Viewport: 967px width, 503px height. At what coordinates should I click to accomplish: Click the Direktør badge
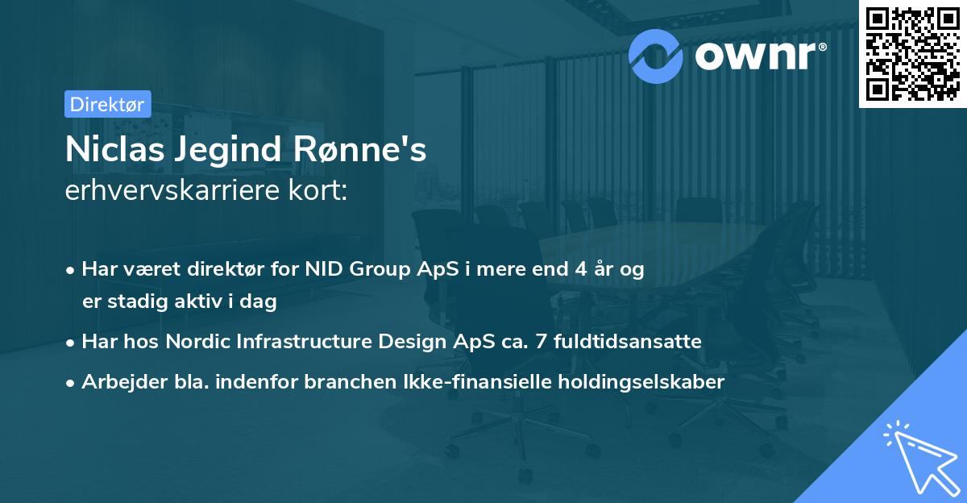[107, 104]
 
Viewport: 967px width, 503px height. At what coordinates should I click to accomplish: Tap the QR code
[912, 53]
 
